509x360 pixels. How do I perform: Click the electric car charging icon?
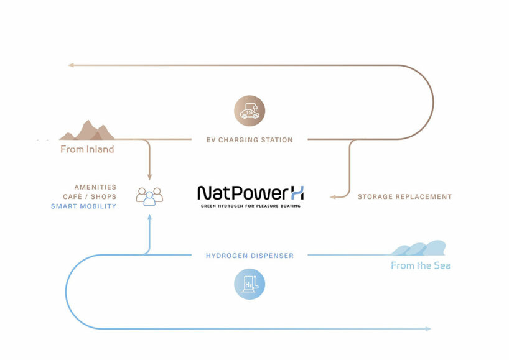click(x=249, y=111)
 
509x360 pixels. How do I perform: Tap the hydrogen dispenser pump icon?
click(x=249, y=284)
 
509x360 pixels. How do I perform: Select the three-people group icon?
click(x=149, y=196)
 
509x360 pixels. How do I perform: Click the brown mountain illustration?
click(x=87, y=131)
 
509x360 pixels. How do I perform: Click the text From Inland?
click(x=87, y=149)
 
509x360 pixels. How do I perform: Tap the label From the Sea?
click(x=421, y=265)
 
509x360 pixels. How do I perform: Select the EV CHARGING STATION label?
click(x=250, y=140)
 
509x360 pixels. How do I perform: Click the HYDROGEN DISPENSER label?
click(x=250, y=256)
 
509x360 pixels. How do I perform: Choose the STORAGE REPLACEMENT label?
click(x=404, y=196)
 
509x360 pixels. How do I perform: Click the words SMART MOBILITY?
click(x=83, y=206)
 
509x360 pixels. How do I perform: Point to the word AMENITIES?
click(x=95, y=187)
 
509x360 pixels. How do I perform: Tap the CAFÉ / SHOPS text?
click(x=90, y=196)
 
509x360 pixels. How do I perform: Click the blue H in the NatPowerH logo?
click(x=297, y=192)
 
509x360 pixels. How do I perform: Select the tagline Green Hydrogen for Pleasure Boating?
click(x=250, y=205)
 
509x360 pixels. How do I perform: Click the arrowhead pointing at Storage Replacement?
click(x=332, y=196)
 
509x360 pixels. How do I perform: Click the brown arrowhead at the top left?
click(x=71, y=65)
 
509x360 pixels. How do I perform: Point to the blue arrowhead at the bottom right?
click(x=427, y=328)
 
